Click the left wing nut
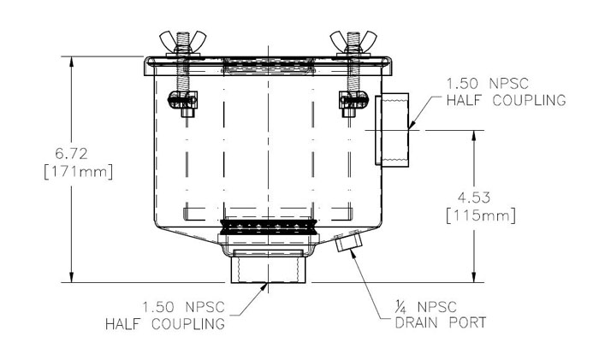(x=182, y=42)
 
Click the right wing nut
(x=353, y=42)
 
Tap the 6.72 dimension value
(x=71, y=154)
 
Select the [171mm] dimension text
(x=79, y=172)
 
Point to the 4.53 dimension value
(x=474, y=198)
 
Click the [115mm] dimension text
(x=481, y=215)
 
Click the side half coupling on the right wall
(x=392, y=130)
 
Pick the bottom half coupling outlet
(x=269, y=267)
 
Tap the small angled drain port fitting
(x=349, y=242)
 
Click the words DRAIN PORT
(x=441, y=323)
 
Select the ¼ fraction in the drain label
(x=400, y=306)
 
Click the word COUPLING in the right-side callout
(x=529, y=100)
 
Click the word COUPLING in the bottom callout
(x=188, y=324)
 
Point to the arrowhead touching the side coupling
(x=411, y=123)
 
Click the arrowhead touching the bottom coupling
(x=264, y=287)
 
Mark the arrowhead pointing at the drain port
(x=353, y=257)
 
